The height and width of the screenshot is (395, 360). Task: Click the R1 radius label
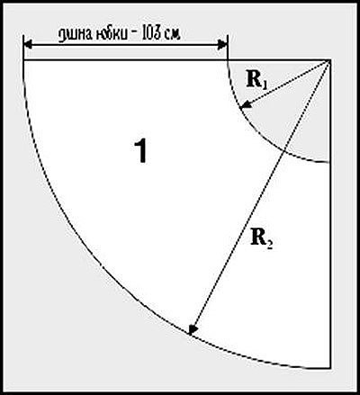(256, 80)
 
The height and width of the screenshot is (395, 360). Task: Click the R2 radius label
(262, 239)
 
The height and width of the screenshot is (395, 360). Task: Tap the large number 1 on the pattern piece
(140, 151)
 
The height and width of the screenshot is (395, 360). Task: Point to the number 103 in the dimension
(151, 34)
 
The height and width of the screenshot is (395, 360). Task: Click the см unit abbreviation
(173, 36)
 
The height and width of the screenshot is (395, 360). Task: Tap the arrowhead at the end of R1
(245, 104)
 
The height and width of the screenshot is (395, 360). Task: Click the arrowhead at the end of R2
(192, 329)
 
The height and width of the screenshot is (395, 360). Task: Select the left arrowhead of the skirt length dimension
(28, 45)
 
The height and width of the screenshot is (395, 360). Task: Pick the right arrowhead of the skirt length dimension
(223, 45)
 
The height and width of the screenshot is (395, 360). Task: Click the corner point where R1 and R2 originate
(329, 60)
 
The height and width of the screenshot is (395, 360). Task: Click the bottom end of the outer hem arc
(329, 368)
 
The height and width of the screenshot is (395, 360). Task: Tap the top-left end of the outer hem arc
(23, 61)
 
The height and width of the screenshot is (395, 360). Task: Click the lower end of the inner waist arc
(329, 162)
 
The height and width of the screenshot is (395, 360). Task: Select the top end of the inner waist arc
(228, 61)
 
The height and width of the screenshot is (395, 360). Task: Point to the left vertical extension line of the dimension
(23, 48)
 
